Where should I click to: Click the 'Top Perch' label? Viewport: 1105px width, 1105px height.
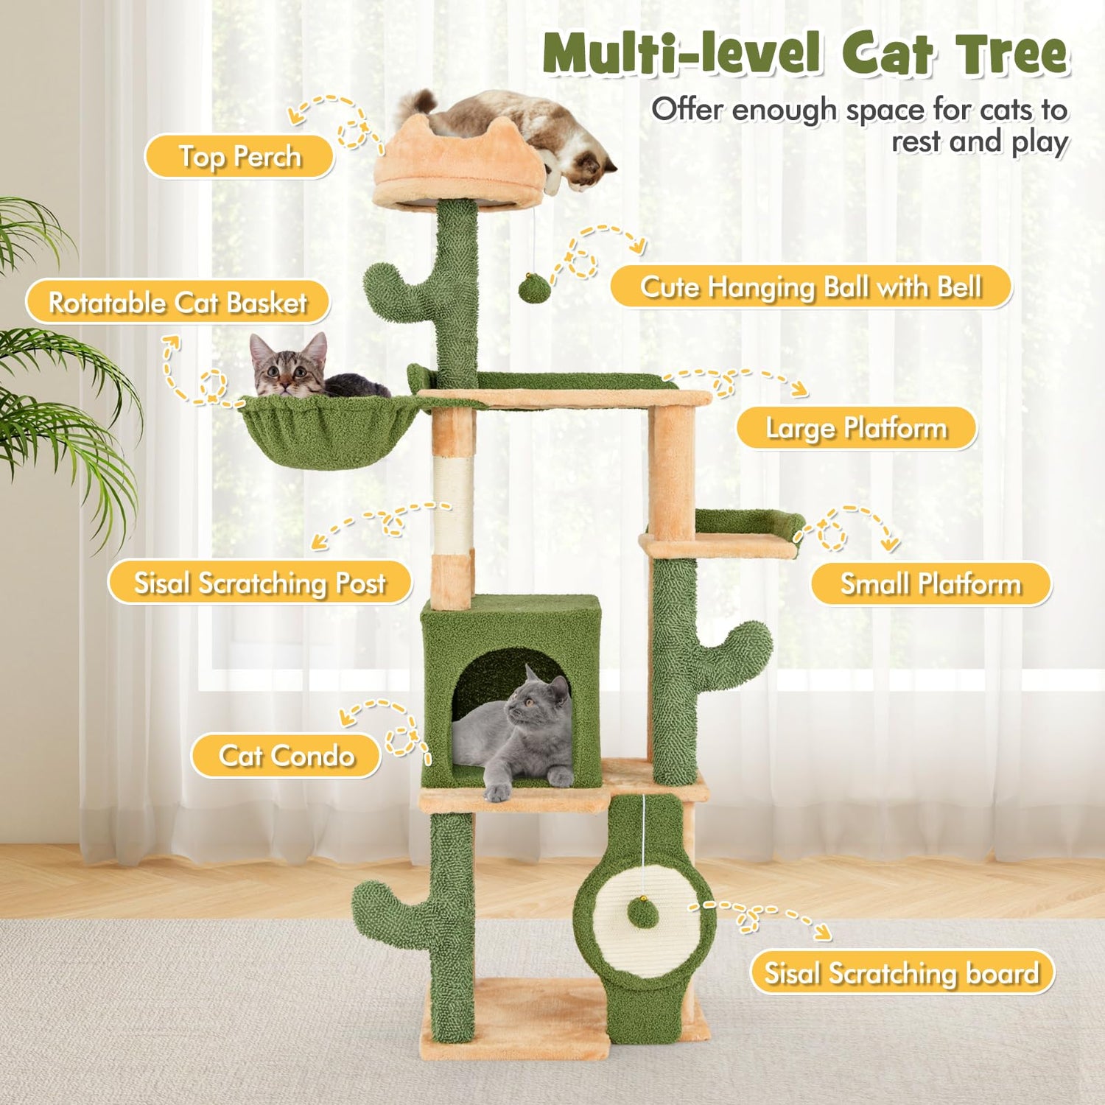239,157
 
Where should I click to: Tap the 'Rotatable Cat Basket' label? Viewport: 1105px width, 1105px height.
178,302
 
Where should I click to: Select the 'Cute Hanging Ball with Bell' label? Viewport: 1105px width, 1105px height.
811,287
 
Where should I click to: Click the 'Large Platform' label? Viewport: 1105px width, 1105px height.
857,428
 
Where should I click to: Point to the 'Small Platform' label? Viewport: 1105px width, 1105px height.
931,584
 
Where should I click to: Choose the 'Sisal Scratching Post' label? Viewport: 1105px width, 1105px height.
259,583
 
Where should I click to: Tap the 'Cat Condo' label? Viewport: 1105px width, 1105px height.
287,756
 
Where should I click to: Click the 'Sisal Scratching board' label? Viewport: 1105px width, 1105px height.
902,972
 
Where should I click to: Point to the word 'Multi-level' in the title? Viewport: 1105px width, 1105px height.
682,54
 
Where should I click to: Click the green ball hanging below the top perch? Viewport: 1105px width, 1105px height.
534,288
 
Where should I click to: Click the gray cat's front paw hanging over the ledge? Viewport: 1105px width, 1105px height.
498,791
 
